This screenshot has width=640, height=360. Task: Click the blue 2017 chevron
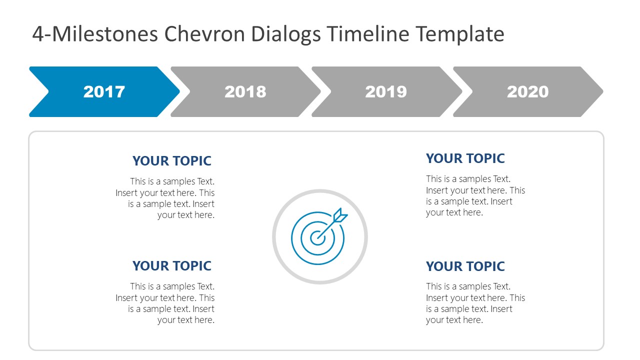pos(104,92)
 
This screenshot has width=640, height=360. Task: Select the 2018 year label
pos(245,92)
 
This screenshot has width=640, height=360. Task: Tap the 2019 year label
pos(386,92)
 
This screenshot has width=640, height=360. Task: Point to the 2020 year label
pos(527,92)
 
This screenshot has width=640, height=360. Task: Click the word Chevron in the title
pos(204,34)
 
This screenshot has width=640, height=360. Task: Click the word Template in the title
pos(460,34)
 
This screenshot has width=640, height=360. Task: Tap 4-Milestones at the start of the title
pos(95,34)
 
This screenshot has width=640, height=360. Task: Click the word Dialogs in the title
pos(285,34)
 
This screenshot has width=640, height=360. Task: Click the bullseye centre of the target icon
pos(317,237)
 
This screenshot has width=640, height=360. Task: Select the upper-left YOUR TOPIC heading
pos(171,161)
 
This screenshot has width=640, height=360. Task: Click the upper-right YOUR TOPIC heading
pos(465,158)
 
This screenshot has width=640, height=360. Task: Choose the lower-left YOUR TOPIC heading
pos(171,266)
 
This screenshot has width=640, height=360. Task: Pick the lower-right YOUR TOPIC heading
pos(465,266)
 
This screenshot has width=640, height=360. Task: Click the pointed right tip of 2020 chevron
pos(601,92)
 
